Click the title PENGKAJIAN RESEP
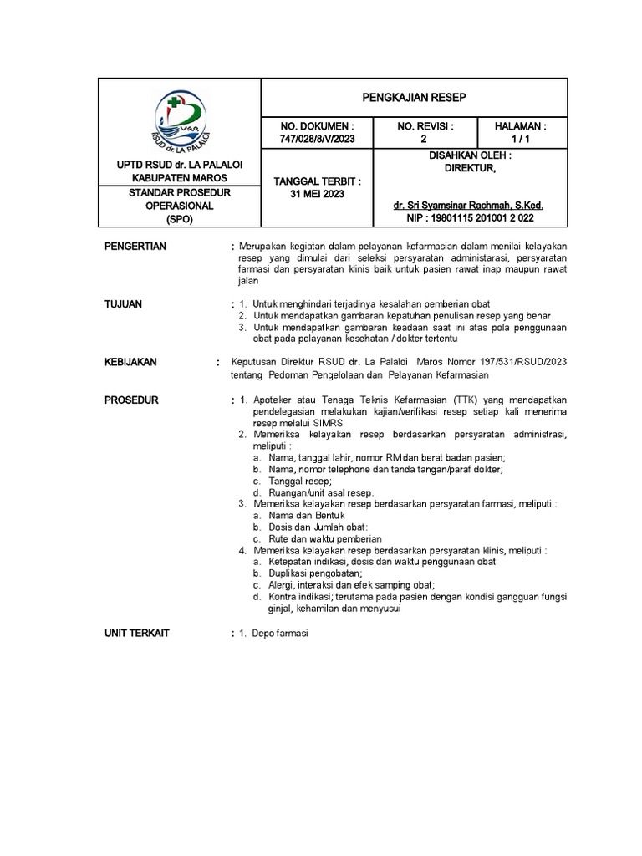click(x=414, y=98)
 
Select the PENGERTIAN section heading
click(x=135, y=246)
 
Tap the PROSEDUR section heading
click(x=131, y=400)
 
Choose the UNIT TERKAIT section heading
click(x=136, y=634)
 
